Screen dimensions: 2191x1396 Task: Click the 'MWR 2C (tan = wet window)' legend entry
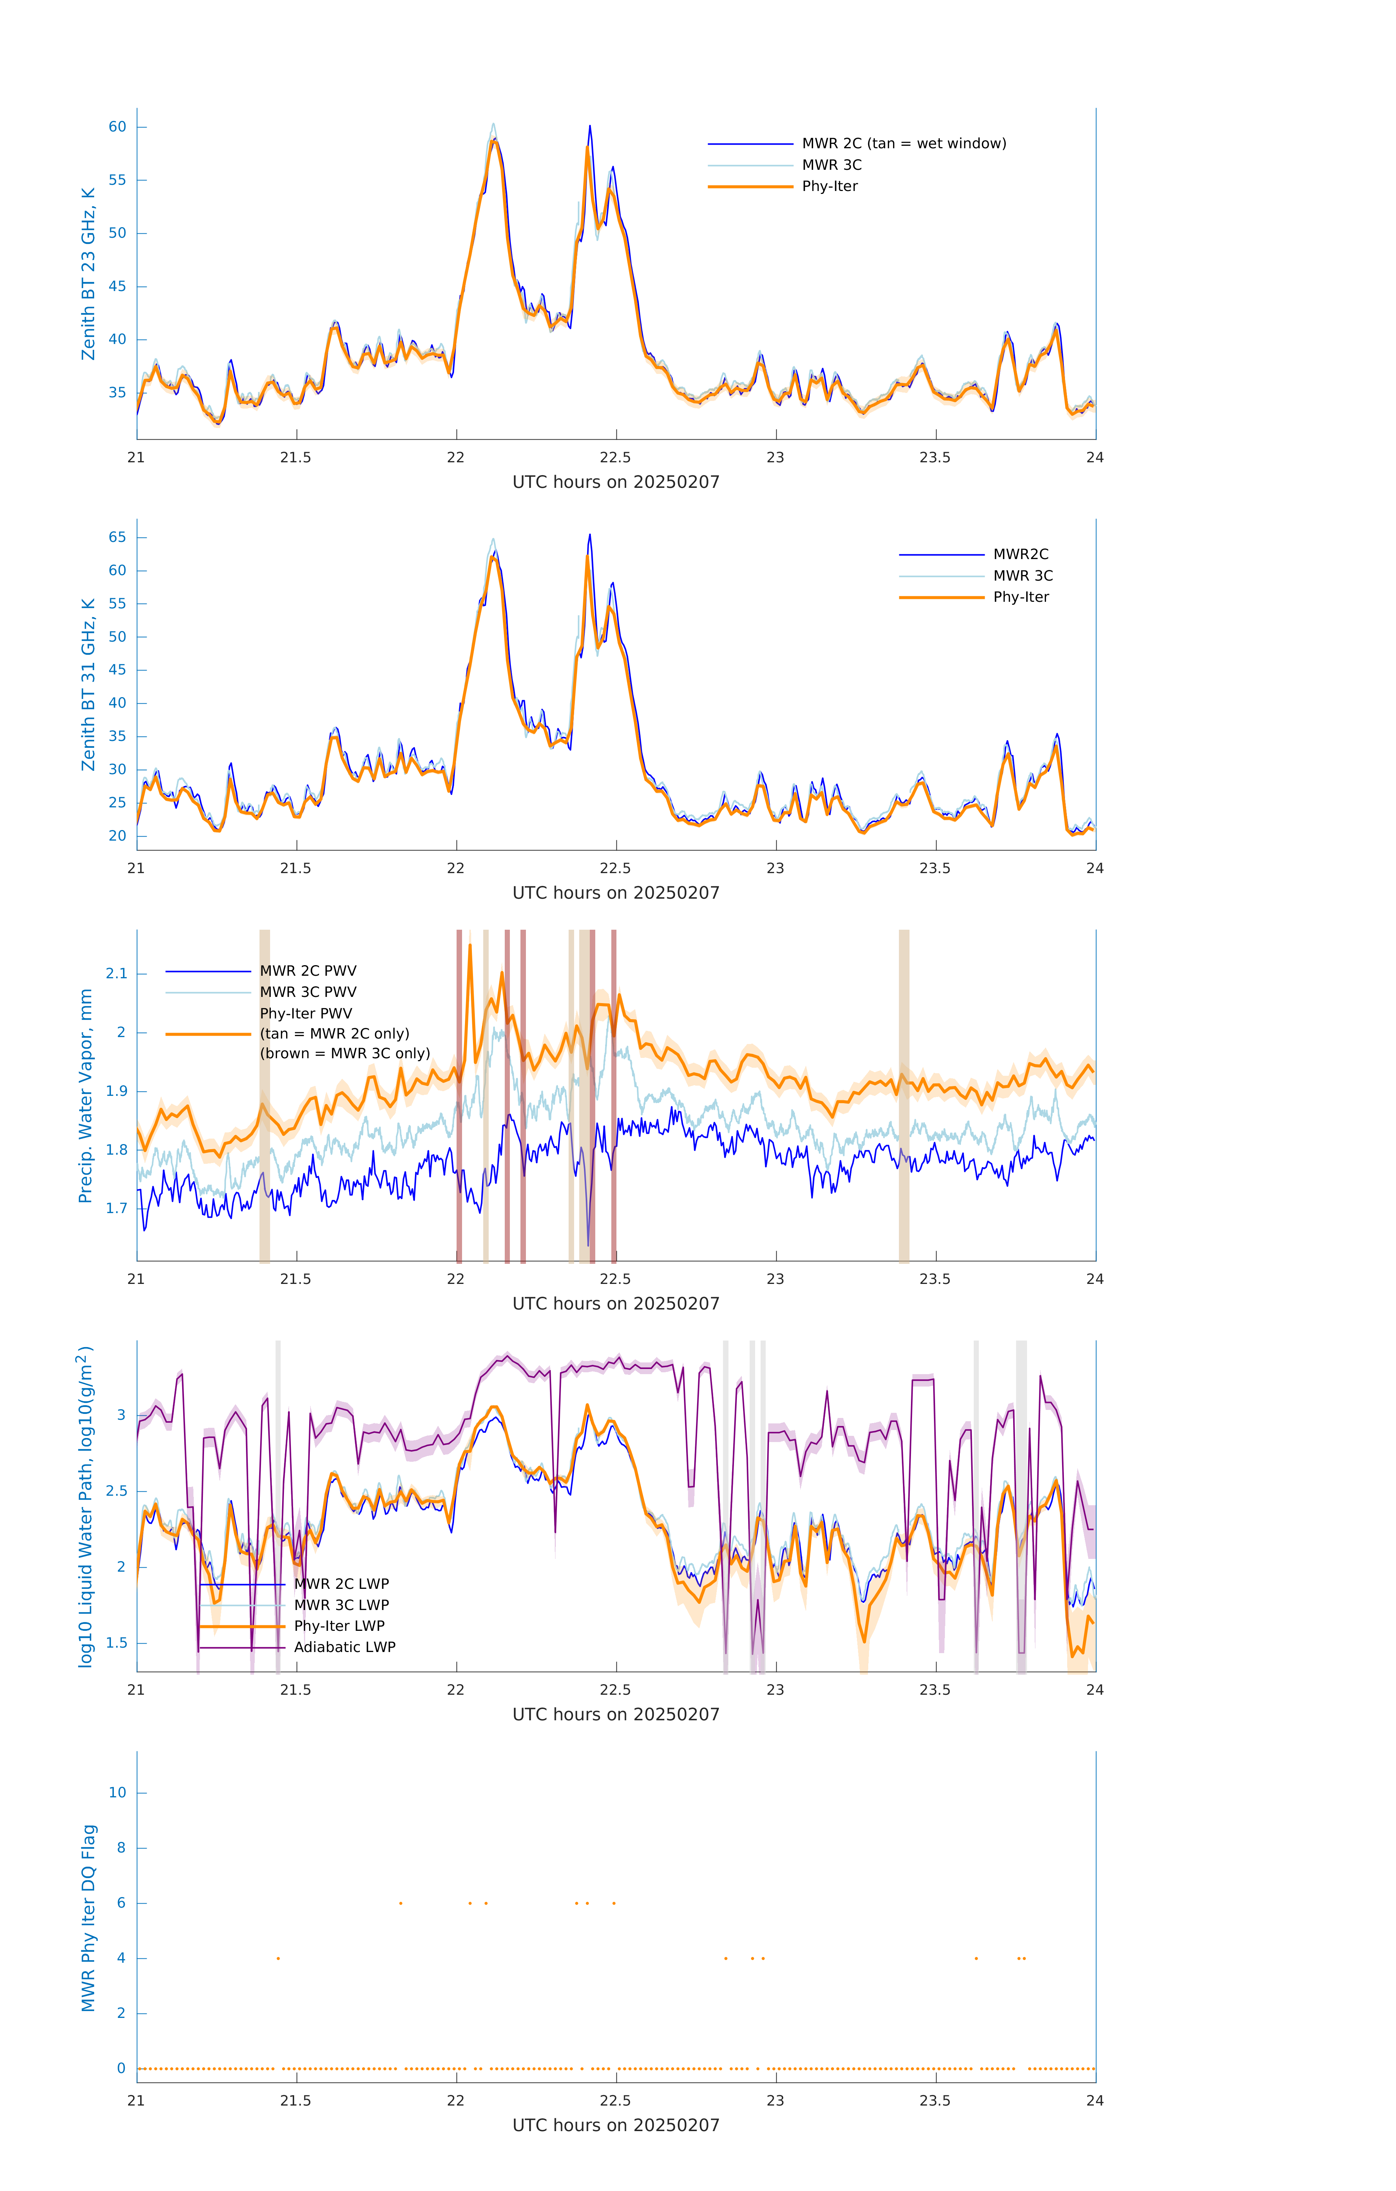tap(903, 144)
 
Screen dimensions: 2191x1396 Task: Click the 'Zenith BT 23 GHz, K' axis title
tap(88, 274)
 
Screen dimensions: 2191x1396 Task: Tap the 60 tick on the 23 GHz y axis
tap(117, 127)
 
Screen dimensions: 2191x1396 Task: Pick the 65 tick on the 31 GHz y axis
tap(117, 538)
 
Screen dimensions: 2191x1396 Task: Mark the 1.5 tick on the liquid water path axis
tap(116, 1643)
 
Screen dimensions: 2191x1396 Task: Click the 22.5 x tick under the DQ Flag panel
tap(616, 2101)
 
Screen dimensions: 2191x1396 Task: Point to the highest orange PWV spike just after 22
tap(470, 946)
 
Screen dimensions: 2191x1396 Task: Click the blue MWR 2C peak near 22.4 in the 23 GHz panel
tap(590, 127)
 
